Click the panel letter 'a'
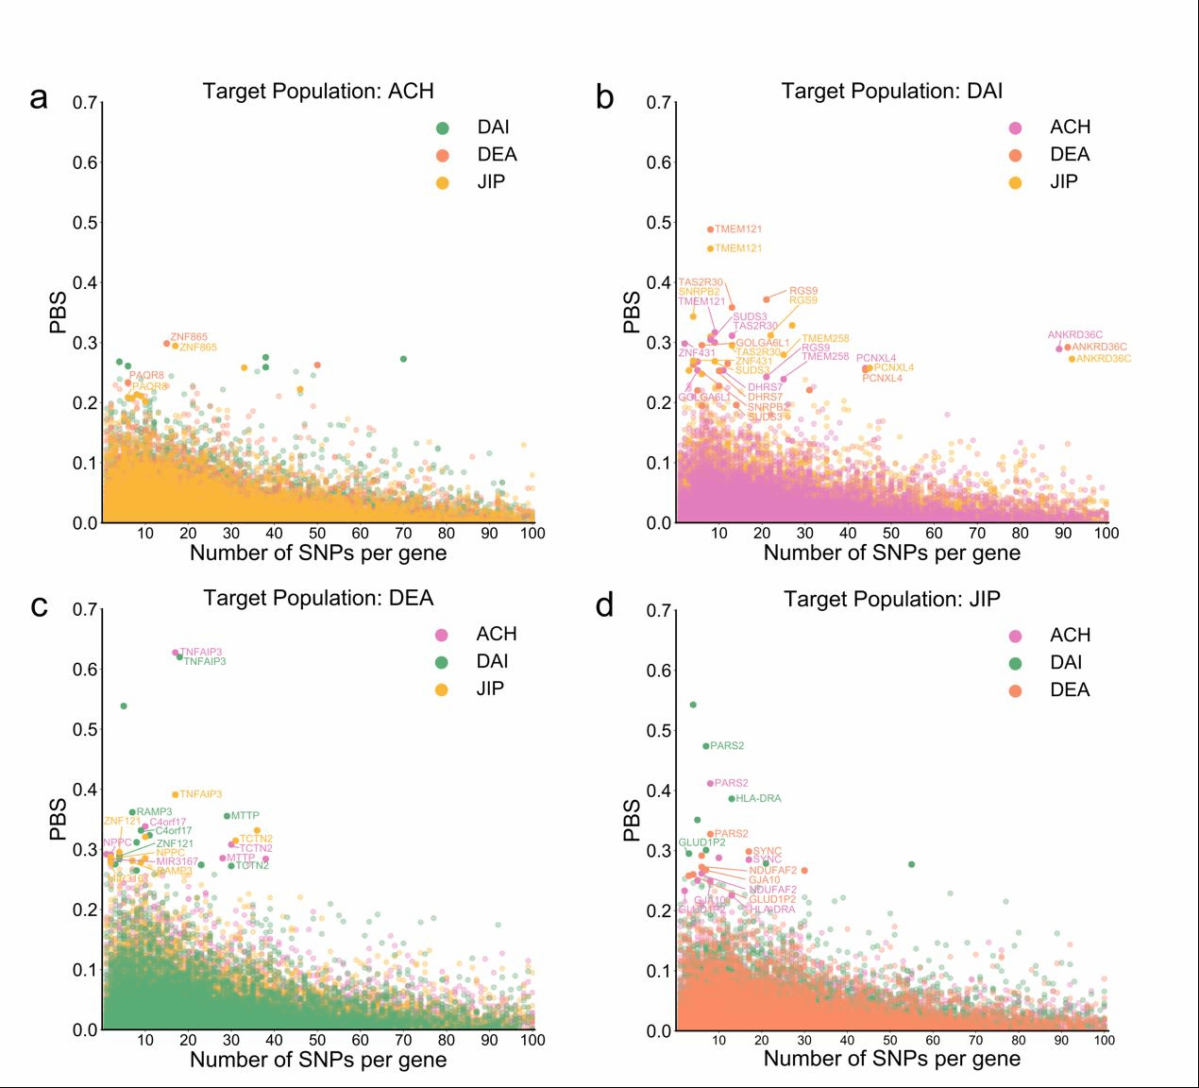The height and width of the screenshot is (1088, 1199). [x=39, y=98]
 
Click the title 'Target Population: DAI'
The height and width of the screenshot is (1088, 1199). [x=891, y=91]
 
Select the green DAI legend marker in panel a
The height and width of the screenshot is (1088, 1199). [x=442, y=127]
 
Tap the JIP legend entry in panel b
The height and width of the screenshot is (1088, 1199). [x=1063, y=181]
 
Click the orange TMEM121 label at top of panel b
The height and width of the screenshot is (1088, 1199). [x=738, y=229]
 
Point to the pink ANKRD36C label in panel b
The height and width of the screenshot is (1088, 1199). [x=1074, y=335]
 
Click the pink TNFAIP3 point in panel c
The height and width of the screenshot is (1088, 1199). [x=175, y=653]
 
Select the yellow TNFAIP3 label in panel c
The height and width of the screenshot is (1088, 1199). [x=200, y=794]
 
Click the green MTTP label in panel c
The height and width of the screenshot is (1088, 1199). [x=245, y=815]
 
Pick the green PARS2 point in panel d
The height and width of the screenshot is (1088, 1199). [x=705, y=746]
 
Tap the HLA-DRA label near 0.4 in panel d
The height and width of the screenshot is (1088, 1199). [x=758, y=798]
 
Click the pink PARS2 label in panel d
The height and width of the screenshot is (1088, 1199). [x=731, y=783]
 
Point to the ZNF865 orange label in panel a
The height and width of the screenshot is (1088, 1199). [x=189, y=337]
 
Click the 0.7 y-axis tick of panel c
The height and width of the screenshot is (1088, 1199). [x=86, y=609]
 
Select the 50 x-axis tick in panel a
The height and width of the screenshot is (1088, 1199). [x=317, y=534]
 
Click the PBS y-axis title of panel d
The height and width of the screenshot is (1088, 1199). [x=632, y=820]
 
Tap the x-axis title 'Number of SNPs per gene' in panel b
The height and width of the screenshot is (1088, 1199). [x=891, y=553]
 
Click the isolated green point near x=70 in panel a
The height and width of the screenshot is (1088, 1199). [x=403, y=359]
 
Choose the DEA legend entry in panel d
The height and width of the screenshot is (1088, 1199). [x=1069, y=689]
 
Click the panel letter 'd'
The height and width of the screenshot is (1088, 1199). [x=605, y=605]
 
